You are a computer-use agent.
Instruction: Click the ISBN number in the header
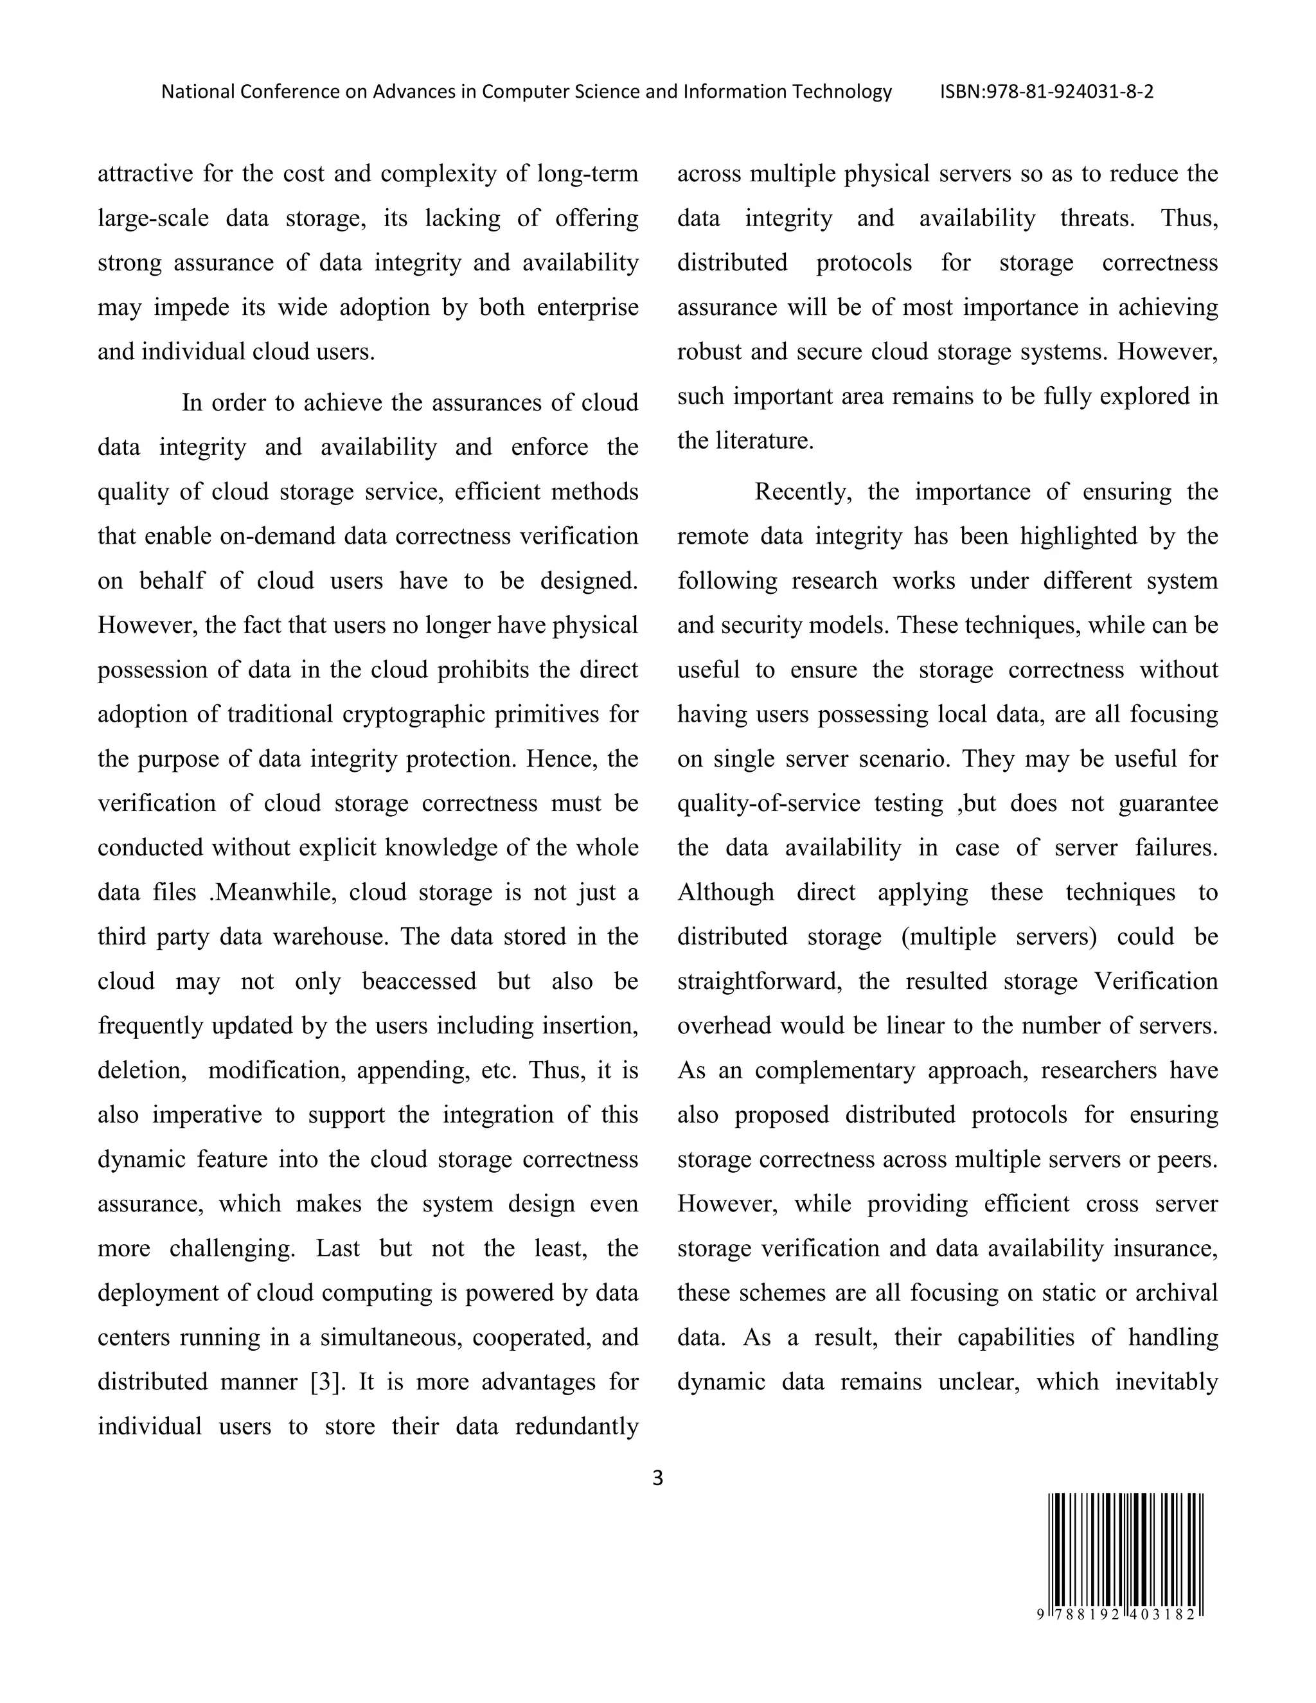(x=1046, y=92)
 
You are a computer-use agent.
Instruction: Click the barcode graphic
(x=1125, y=1552)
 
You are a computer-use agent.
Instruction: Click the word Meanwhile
(x=274, y=892)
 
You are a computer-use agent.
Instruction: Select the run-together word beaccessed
(x=419, y=981)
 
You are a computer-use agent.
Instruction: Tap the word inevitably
(x=1166, y=1382)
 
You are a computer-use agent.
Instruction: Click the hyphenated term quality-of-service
(x=769, y=803)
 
